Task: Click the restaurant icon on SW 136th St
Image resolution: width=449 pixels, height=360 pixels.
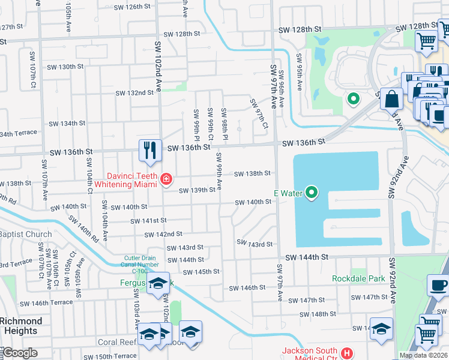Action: pyautogui.click(x=149, y=150)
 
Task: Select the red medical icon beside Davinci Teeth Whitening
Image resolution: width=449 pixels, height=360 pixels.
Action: pyautogui.click(x=166, y=179)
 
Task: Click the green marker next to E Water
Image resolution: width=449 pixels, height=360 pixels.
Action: pyautogui.click(x=311, y=193)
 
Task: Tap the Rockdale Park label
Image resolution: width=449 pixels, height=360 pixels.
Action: pyautogui.click(x=358, y=278)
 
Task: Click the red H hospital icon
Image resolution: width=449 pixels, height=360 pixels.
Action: pyautogui.click(x=345, y=353)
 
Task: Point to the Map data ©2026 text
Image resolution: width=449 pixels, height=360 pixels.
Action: pyautogui.click(x=423, y=355)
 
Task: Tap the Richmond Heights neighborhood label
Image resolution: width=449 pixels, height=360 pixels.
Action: pyautogui.click(x=21, y=326)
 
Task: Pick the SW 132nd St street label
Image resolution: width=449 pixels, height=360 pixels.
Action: pyautogui.click(x=134, y=93)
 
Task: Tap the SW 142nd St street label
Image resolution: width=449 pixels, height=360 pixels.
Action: pyautogui.click(x=163, y=234)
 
